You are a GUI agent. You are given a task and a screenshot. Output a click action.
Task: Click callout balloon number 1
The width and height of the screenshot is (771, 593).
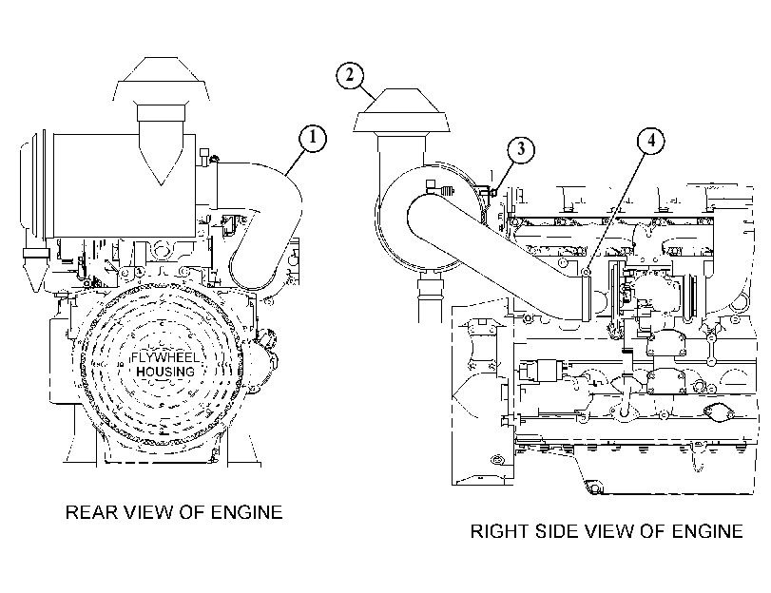[313, 138]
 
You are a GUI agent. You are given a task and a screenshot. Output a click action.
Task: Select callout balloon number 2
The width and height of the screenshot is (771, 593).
[350, 75]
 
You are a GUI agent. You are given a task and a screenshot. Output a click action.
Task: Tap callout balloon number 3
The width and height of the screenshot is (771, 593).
[521, 148]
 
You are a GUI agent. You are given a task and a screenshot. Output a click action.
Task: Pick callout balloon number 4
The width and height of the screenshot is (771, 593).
[651, 140]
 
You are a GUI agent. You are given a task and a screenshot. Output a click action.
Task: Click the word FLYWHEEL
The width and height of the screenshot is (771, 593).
[165, 357]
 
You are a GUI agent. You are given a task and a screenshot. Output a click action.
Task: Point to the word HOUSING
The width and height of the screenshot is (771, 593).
[165, 372]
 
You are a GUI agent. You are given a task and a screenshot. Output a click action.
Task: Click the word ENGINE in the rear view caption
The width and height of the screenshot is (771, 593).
[247, 512]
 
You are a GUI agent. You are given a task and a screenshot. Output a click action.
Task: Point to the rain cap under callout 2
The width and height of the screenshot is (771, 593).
[401, 110]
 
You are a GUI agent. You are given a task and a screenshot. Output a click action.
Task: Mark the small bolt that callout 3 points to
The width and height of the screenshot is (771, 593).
[492, 191]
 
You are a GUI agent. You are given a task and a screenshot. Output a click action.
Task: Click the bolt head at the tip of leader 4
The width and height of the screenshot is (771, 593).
[585, 272]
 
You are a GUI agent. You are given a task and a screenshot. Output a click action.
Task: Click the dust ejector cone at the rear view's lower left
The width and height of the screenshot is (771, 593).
[34, 275]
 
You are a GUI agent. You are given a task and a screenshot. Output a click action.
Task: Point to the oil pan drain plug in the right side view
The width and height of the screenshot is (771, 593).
[594, 488]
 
